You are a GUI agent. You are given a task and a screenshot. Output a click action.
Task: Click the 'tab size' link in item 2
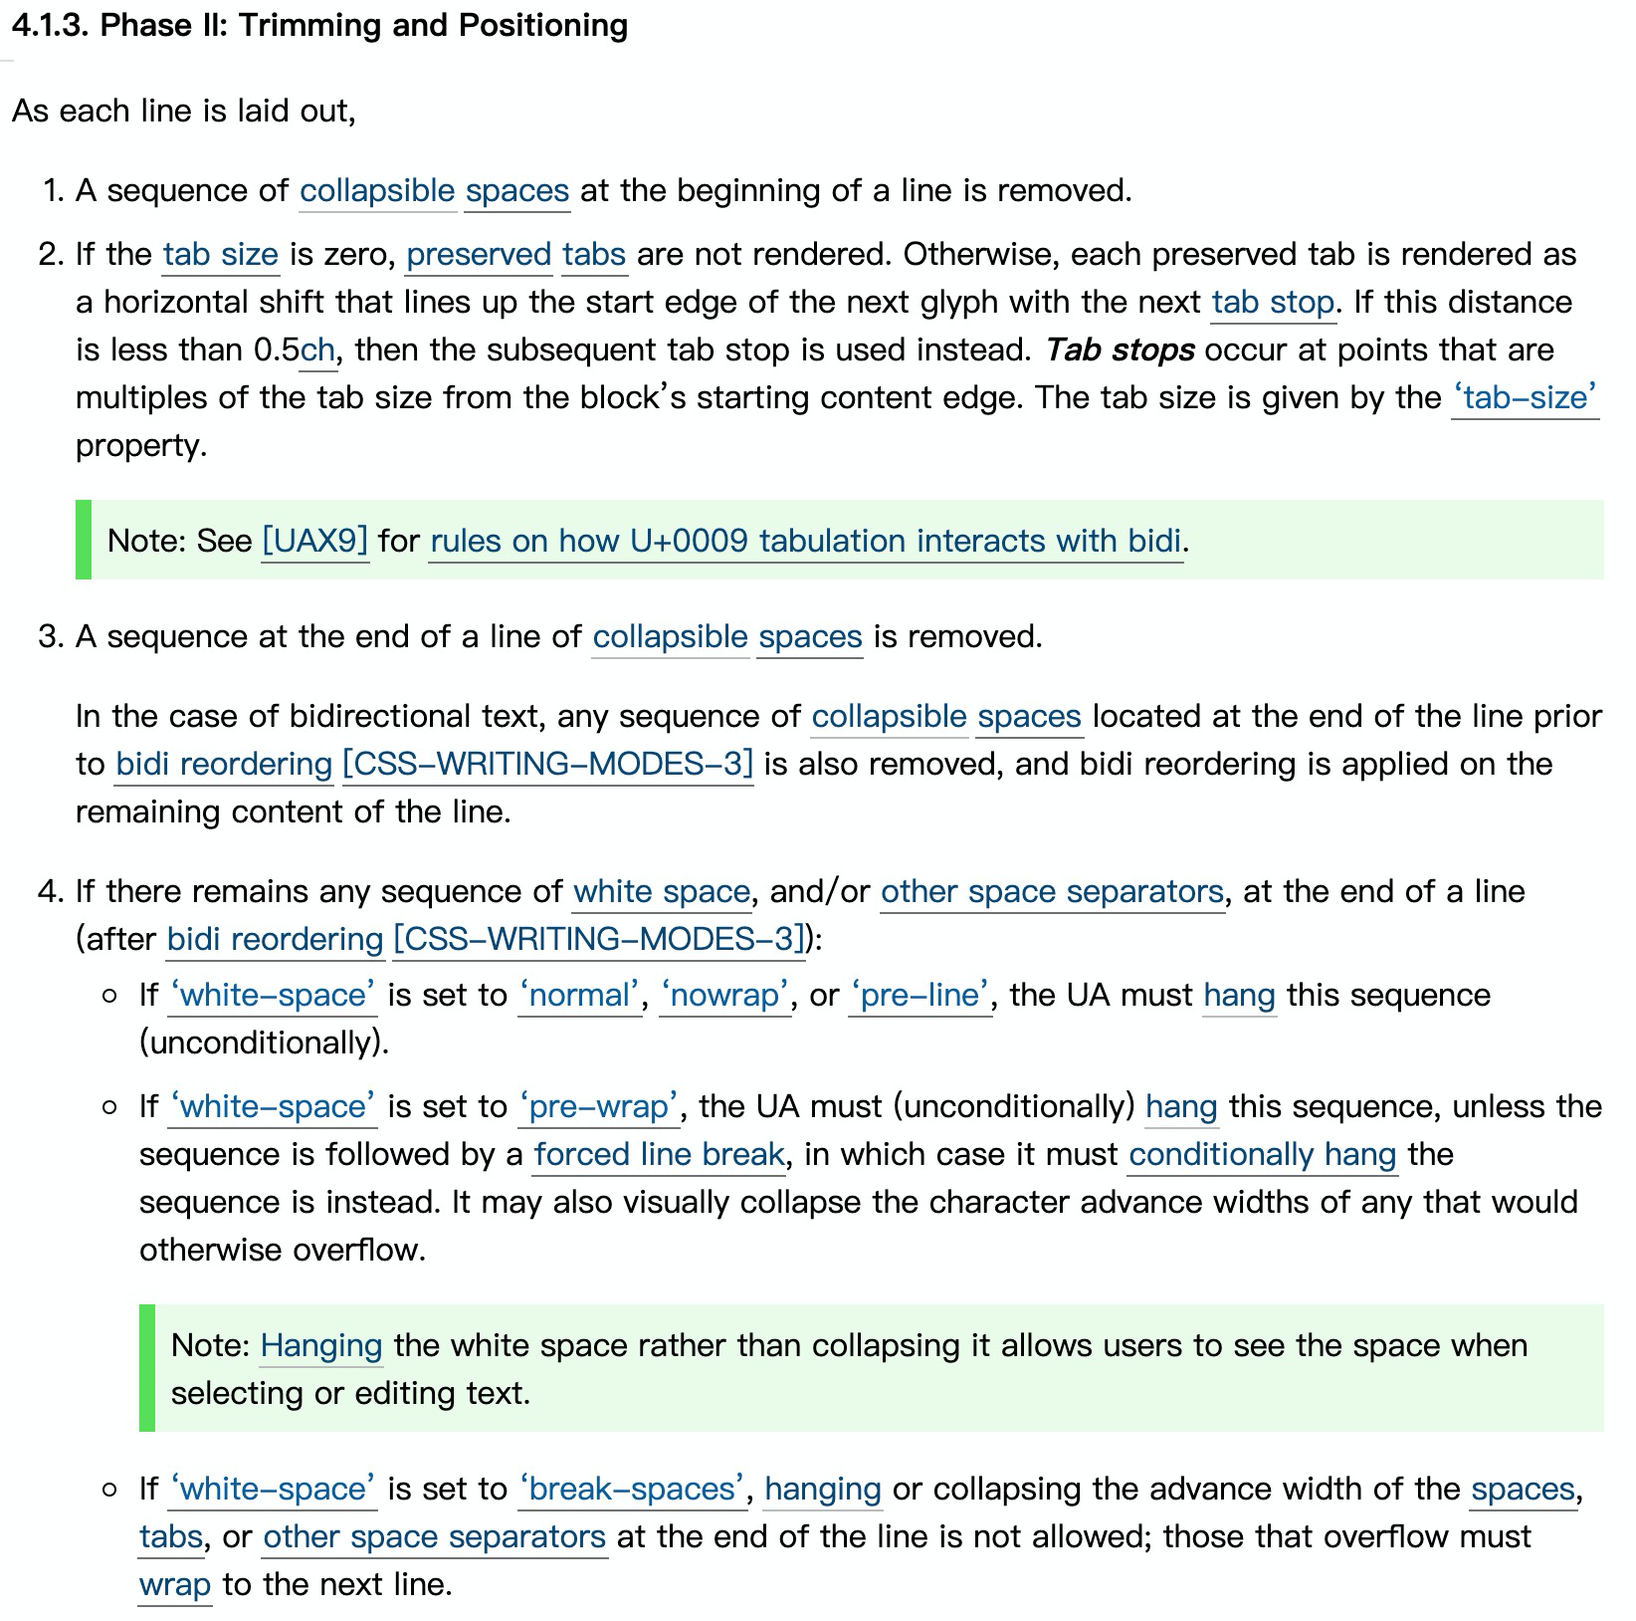pos(220,254)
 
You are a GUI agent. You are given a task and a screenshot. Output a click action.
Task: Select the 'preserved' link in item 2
pos(479,254)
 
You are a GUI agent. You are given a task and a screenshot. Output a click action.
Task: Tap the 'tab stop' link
pos(1273,302)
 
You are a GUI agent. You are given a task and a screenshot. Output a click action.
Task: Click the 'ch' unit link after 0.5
pos(317,349)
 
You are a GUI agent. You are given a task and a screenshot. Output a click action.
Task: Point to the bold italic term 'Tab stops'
pos(1120,349)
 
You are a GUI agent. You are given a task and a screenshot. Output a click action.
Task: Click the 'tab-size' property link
pos(1525,397)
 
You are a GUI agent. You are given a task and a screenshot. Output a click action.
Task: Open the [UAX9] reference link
pos(314,541)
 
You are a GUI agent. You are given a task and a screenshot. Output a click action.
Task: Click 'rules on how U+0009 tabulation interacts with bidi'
pos(806,541)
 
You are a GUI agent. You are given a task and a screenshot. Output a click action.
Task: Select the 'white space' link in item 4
pos(662,891)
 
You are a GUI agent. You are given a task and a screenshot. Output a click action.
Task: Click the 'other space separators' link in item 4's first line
pos(1052,891)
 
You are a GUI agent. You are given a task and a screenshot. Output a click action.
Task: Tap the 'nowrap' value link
pos(725,995)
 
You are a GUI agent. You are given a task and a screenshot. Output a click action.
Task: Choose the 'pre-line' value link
pos(920,995)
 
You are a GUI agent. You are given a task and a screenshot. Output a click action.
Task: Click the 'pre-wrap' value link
pos(599,1106)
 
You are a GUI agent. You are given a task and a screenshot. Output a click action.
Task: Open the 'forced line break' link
pos(659,1154)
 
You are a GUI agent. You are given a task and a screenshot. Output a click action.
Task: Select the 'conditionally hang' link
pos(1263,1154)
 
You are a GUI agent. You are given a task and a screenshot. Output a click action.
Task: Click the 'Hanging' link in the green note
pos(320,1345)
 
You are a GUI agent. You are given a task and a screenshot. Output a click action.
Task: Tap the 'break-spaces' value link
pos(632,1489)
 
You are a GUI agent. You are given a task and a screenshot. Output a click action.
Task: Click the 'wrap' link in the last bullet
pos(174,1584)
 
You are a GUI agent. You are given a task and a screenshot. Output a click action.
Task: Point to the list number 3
pos(51,636)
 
